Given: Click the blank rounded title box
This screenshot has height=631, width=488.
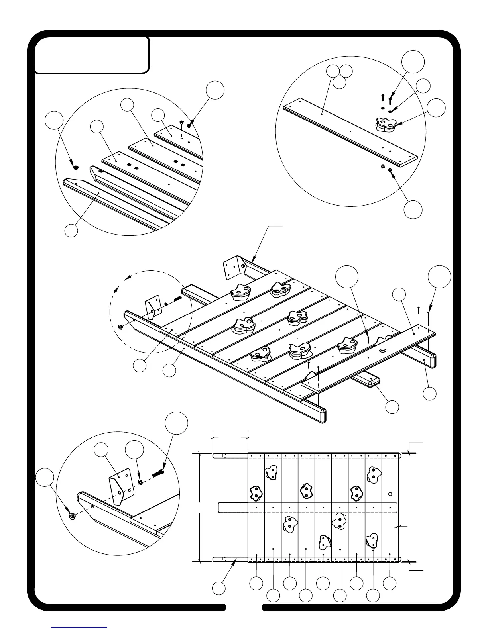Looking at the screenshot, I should (x=92, y=55).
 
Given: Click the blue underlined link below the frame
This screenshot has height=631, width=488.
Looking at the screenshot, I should (x=79, y=627).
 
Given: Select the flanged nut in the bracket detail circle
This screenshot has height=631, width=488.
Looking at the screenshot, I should (x=72, y=516).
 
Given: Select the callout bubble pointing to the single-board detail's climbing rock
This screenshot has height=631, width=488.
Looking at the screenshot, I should (x=436, y=108).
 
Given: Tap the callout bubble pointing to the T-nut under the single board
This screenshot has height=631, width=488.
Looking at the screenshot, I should (x=413, y=209).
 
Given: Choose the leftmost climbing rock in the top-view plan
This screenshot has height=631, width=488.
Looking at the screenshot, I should (x=255, y=493).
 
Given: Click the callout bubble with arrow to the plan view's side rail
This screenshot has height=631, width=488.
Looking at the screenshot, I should (x=218, y=588).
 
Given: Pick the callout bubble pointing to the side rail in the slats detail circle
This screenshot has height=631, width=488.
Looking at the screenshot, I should (x=71, y=231).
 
